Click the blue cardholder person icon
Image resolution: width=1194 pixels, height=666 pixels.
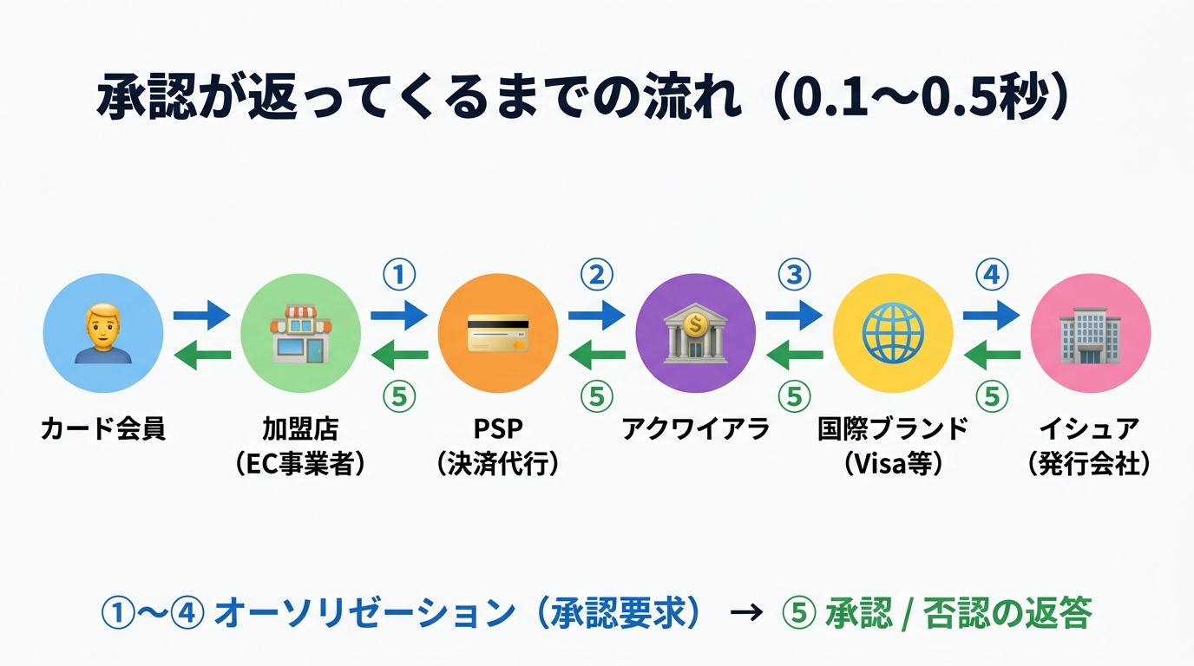[x=102, y=334]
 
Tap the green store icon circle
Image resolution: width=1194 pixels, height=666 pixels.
[x=300, y=334]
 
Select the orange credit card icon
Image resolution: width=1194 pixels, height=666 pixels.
[x=497, y=334]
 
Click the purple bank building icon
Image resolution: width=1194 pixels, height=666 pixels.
[x=695, y=334]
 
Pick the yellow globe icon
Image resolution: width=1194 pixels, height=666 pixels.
[x=893, y=334]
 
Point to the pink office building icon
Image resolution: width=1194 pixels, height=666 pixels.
[x=1090, y=334]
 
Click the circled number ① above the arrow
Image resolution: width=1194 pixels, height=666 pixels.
[x=399, y=276]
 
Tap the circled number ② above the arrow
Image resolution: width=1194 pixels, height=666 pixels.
[x=596, y=276]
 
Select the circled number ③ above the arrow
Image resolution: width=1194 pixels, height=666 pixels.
[x=793, y=276]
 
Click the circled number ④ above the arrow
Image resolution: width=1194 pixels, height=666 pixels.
[x=992, y=276]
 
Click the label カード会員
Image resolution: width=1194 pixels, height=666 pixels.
[x=102, y=429]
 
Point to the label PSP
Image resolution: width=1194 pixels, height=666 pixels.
[x=497, y=429]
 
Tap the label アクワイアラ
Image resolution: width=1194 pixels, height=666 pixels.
[x=695, y=429]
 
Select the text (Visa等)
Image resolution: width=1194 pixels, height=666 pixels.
[x=893, y=464]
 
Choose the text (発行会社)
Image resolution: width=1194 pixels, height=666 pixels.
[x=1090, y=464]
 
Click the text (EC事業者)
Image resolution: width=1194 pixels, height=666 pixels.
[x=300, y=464]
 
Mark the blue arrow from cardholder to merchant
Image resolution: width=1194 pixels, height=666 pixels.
[x=201, y=315]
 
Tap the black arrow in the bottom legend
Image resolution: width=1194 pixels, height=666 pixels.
[x=745, y=614]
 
